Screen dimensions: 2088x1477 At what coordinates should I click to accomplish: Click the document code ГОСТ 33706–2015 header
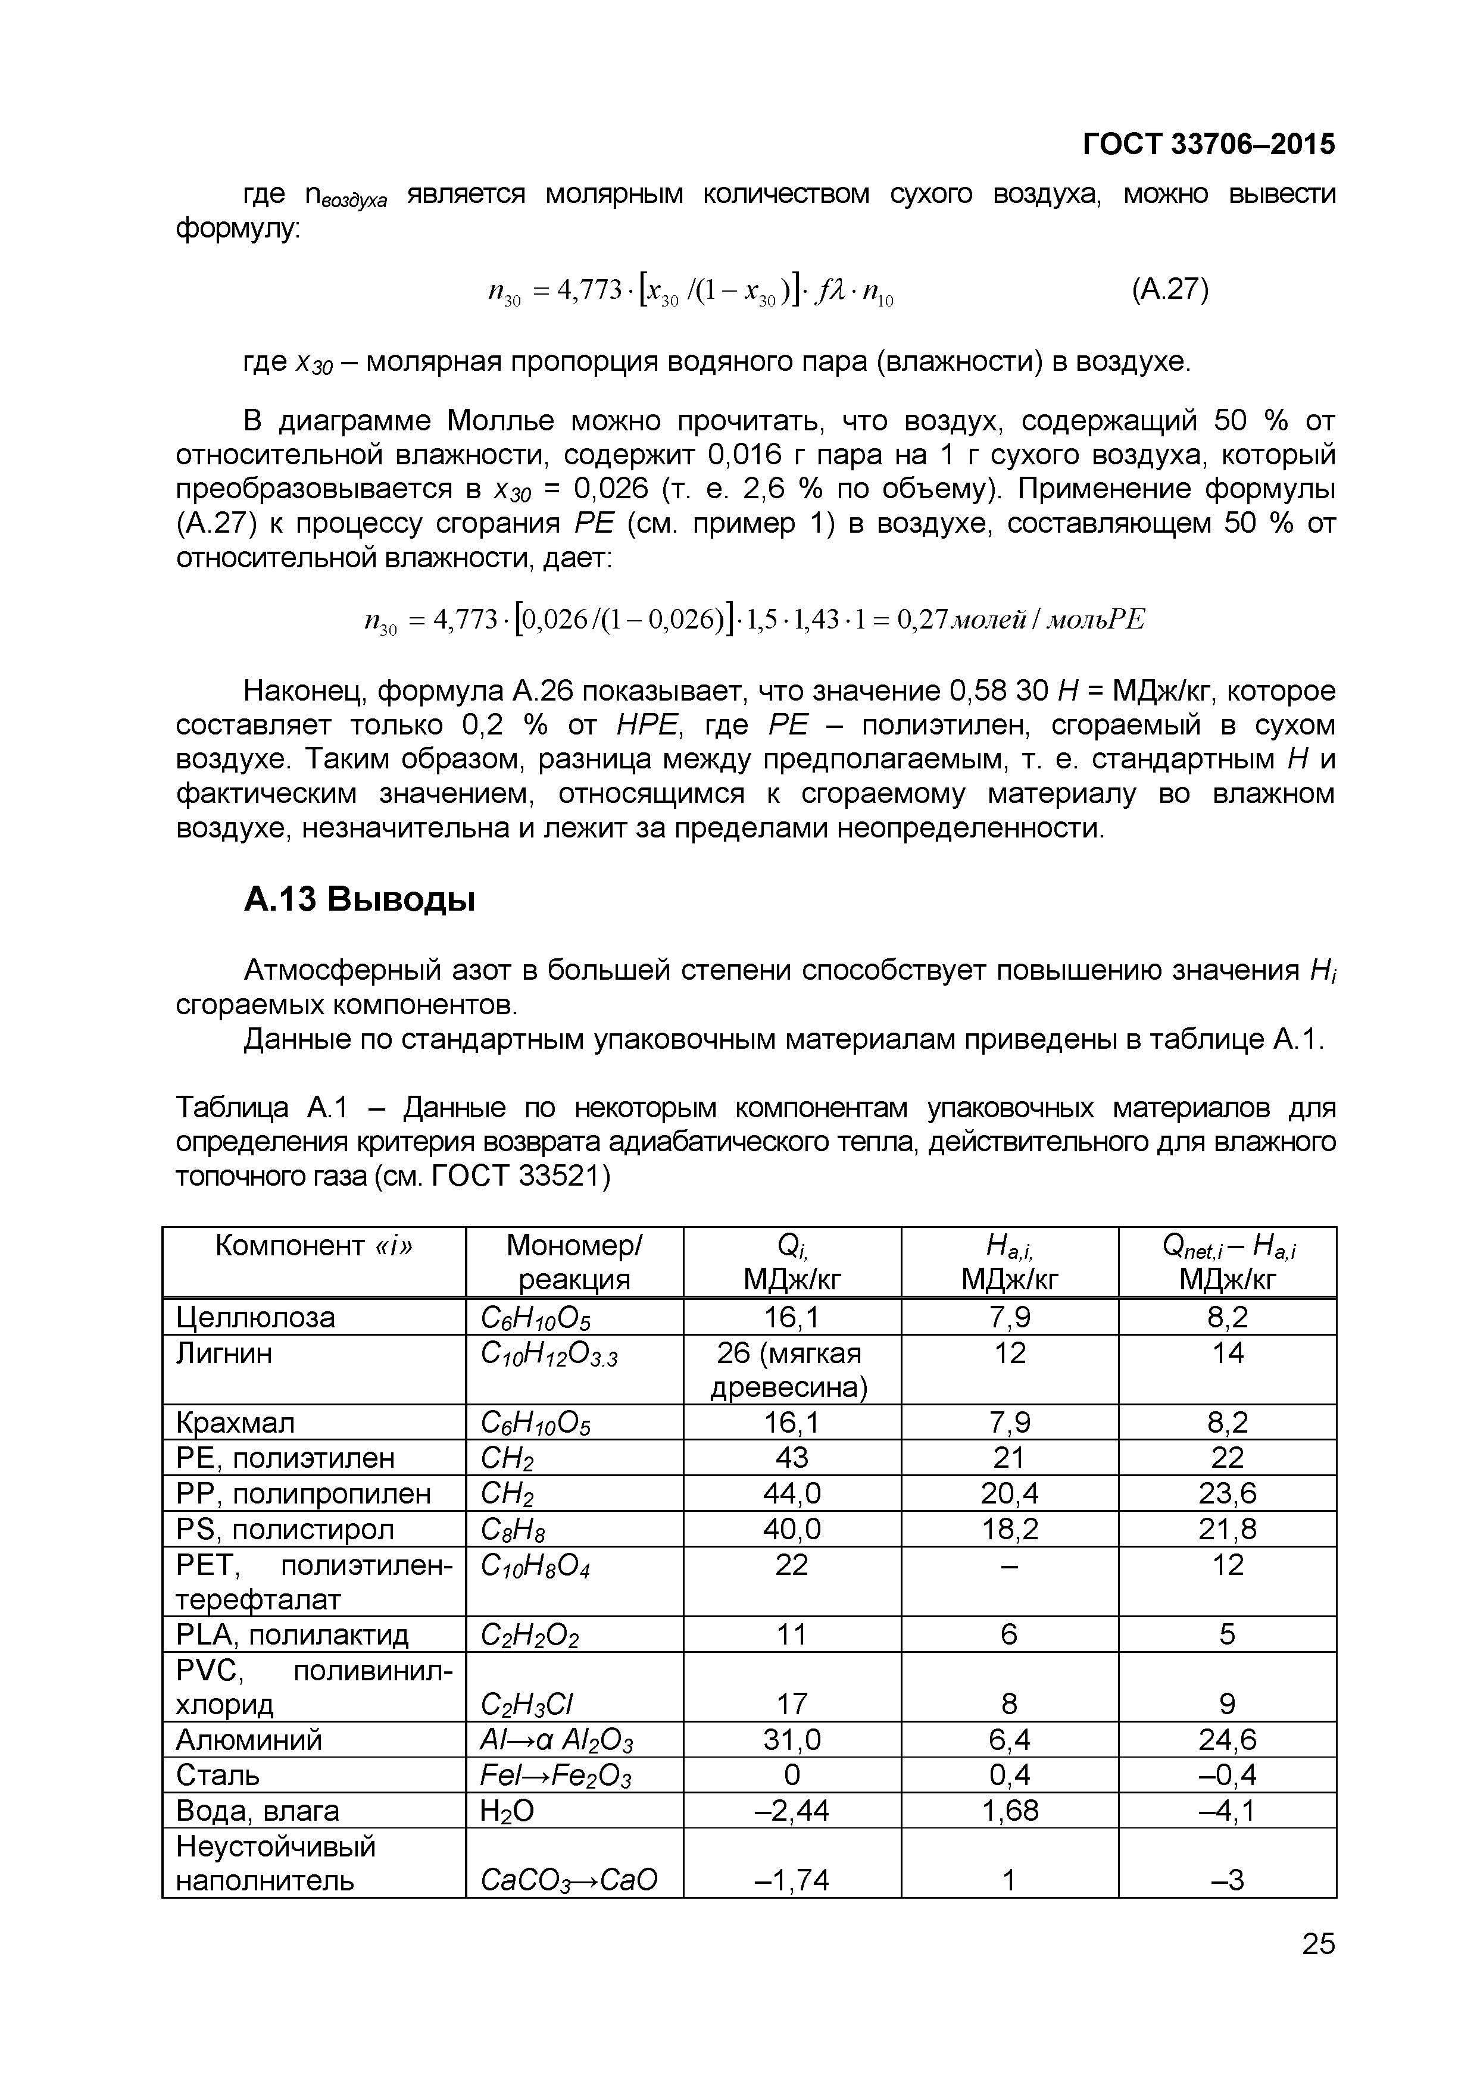point(1209,143)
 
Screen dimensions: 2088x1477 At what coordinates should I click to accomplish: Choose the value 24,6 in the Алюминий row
point(1227,1740)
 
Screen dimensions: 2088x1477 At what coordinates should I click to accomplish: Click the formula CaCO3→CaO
point(567,1879)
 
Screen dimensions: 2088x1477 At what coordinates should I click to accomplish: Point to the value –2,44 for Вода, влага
point(791,1811)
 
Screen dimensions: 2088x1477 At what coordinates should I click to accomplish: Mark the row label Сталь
point(217,1775)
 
